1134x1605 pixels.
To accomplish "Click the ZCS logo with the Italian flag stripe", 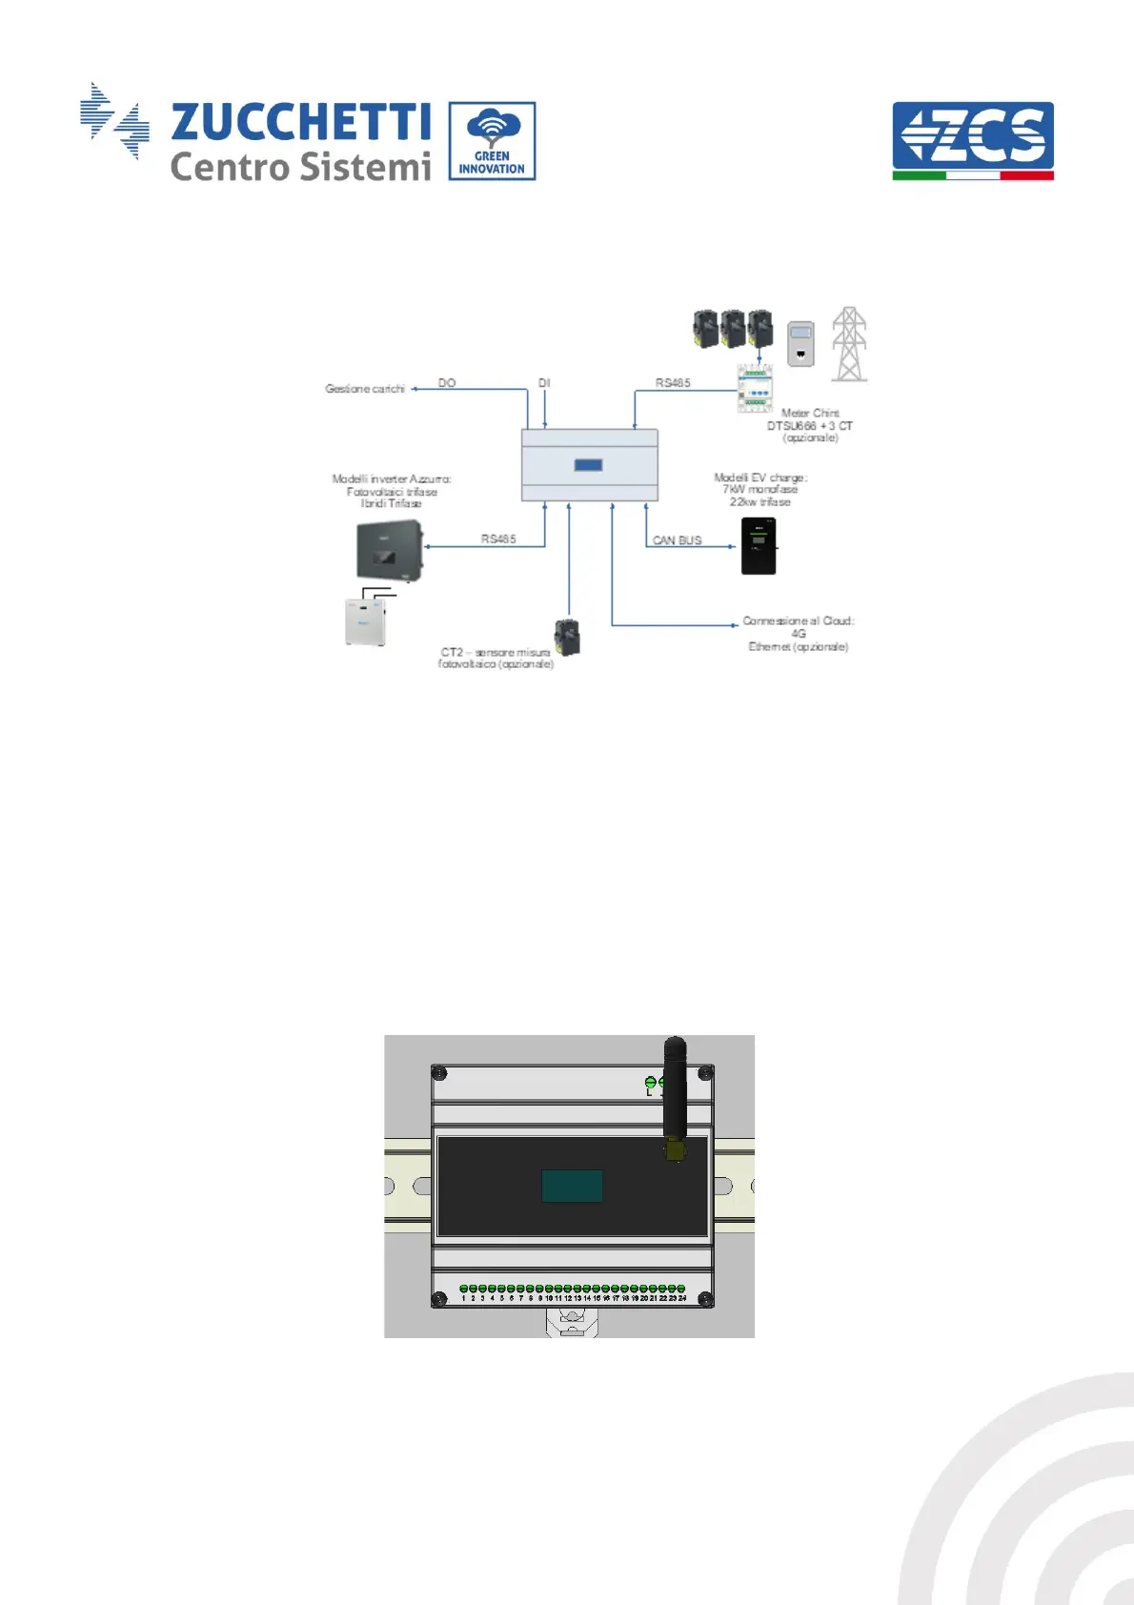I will [x=973, y=140].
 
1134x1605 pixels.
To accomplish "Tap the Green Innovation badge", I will [x=492, y=141].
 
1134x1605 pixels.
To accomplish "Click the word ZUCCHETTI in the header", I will [x=300, y=122].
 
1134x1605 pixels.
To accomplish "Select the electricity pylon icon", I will [x=849, y=344].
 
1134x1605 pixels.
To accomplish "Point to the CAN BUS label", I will [x=677, y=540].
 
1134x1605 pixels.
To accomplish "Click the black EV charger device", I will [x=759, y=546].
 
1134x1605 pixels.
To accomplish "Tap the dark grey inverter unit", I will [x=389, y=551].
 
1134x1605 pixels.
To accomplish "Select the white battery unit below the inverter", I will [x=366, y=621].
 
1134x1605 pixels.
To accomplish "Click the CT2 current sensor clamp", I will [x=567, y=637].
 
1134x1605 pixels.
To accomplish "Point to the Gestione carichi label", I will [x=365, y=389].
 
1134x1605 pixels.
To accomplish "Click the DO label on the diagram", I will [x=447, y=383].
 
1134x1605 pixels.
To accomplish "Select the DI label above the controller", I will [x=544, y=383].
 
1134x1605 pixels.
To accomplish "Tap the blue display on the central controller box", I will [x=588, y=465].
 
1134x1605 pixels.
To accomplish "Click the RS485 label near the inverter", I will [x=498, y=539].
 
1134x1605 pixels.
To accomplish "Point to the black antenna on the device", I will [x=675, y=1091].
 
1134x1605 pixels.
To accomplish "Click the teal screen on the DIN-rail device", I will [x=572, y=1186].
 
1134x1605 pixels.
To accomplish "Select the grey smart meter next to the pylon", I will [x=800, y=344].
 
